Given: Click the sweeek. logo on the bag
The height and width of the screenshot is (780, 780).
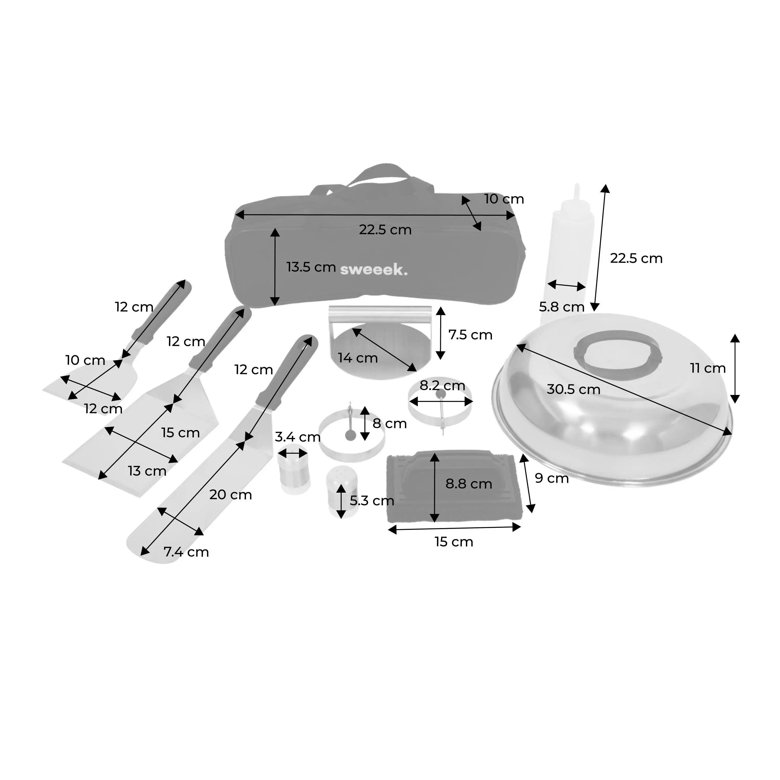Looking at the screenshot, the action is click(373, 269).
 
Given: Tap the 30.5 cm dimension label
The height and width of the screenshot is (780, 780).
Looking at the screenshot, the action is click(573, 389).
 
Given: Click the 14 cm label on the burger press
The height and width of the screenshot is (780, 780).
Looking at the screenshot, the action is click(358, 358).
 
